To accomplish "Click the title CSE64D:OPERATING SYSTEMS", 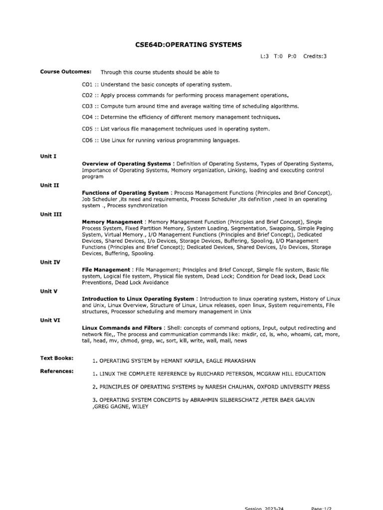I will (188, 45).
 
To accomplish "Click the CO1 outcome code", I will (88, 85).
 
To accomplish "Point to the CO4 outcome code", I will (88, 118).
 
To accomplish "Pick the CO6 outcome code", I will (88, 140).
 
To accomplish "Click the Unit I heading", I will (48, 156).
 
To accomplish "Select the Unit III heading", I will (51, 214).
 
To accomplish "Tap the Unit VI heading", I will (50, 320).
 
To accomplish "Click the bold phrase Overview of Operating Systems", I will (126, 164).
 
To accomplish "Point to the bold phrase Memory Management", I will (112, 222).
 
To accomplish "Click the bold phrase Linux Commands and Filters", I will (122, 328).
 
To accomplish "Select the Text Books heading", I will (57, 358).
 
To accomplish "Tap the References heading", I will (56, 371).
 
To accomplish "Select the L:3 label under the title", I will (264, 56).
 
